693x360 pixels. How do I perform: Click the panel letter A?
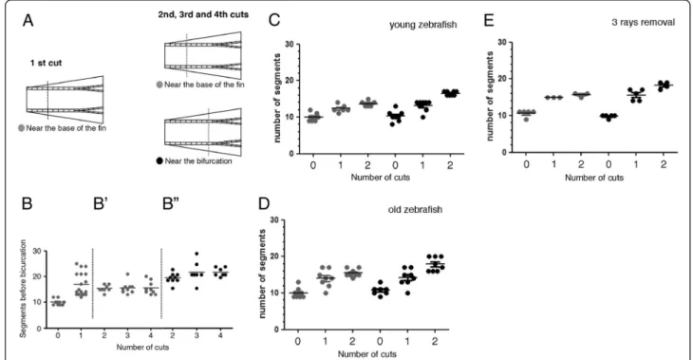28,20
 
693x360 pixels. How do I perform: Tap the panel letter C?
274,20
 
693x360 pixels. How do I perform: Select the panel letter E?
488,20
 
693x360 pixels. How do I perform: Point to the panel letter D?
263,203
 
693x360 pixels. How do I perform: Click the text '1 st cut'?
46,63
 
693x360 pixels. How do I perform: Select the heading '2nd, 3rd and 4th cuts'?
203,14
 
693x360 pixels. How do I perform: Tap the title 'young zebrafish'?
423,25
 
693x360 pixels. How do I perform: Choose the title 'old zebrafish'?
415,209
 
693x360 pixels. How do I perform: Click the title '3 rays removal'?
643,22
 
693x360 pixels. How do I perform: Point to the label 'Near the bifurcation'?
198,161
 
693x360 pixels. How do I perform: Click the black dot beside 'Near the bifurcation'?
159,161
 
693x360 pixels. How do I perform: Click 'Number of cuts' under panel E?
594,178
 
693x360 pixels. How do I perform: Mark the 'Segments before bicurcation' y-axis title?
23,289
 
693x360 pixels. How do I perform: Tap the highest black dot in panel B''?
197,254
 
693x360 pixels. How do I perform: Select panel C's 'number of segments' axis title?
277,98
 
